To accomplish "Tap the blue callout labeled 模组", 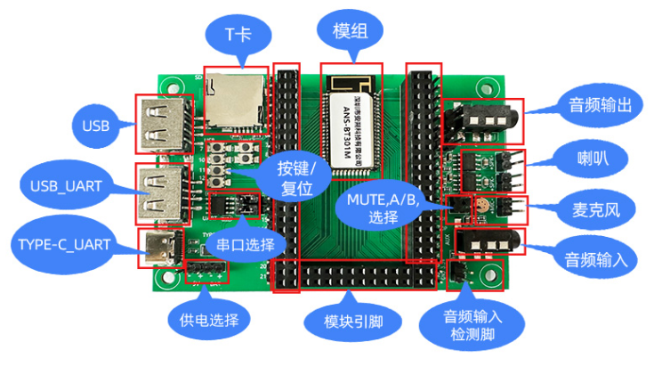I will pyautogui.click(x=351, y=33).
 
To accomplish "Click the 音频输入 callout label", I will pyautogui.click(x=597, y=260).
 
